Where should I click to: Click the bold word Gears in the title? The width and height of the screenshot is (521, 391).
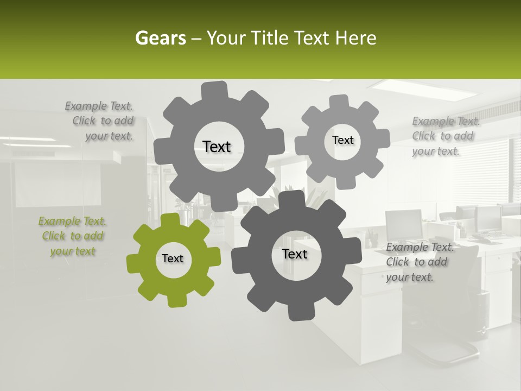(x=160, y=38)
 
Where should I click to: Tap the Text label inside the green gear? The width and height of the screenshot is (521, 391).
(x=173, y=259)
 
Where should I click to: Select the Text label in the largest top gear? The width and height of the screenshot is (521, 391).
(x=217, y=147)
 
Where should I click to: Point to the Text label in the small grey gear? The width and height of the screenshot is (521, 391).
(x=342, y=140)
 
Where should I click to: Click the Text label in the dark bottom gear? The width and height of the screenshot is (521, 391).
(x=295, y=254)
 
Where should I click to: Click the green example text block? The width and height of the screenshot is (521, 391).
(x=72, y=236)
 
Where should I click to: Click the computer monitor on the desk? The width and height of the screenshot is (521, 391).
(x=404, y=224)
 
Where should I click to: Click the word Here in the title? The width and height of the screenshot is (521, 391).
(x=355, y=38)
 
